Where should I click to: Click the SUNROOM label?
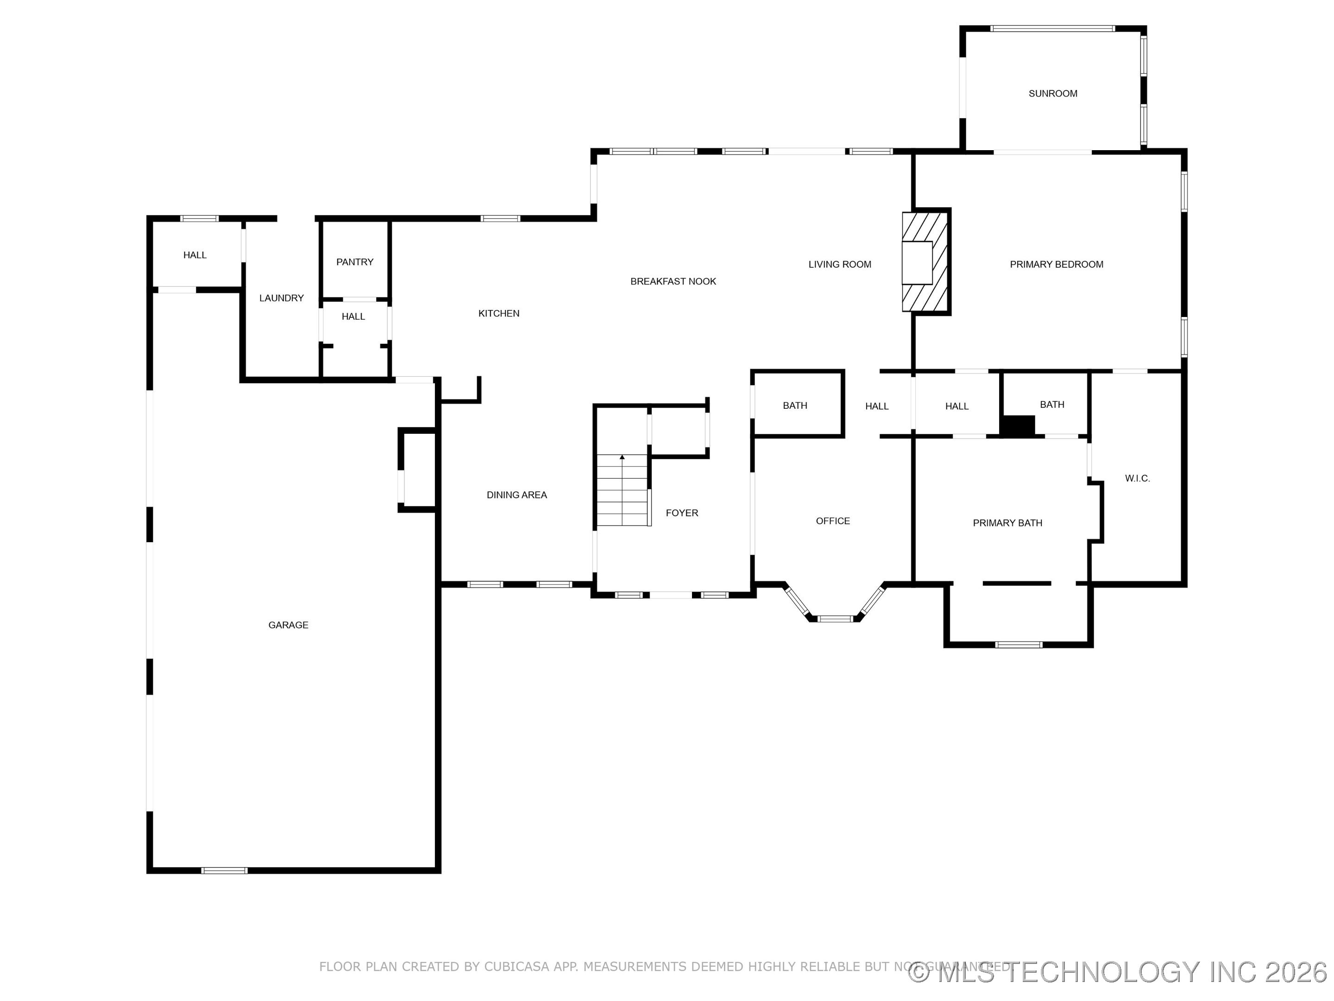1052,94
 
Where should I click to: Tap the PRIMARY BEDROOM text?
1056,264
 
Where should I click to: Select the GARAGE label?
288,625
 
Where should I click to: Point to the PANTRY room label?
355,262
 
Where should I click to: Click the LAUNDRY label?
281,298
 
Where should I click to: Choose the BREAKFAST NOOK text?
673,281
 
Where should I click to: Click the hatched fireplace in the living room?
926,262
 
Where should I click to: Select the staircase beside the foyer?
623,490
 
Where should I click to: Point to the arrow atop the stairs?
622,457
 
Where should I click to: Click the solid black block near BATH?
1018,425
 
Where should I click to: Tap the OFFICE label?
832,521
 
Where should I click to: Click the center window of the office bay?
835,619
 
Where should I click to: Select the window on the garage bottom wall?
224,870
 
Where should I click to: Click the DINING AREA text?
516,495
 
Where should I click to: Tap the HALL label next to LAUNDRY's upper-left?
195,255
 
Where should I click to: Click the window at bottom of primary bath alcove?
1018,645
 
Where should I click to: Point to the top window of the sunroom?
1052,28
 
